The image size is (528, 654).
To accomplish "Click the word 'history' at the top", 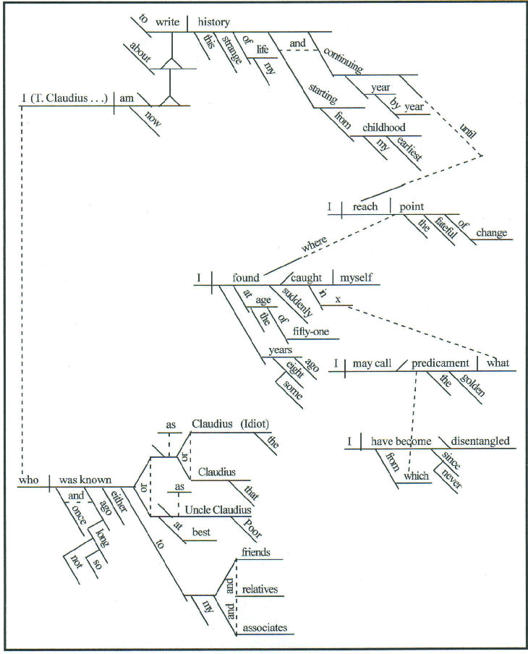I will [213, 23].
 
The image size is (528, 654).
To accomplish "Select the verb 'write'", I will [167, 23].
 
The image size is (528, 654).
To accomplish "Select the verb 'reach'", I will [365, 207].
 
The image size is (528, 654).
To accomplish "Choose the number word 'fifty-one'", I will [312, 332].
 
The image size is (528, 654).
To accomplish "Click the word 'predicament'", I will [441, 363].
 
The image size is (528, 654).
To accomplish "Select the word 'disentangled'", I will [480, 441].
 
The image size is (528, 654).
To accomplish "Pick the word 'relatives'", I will [260, 590].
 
